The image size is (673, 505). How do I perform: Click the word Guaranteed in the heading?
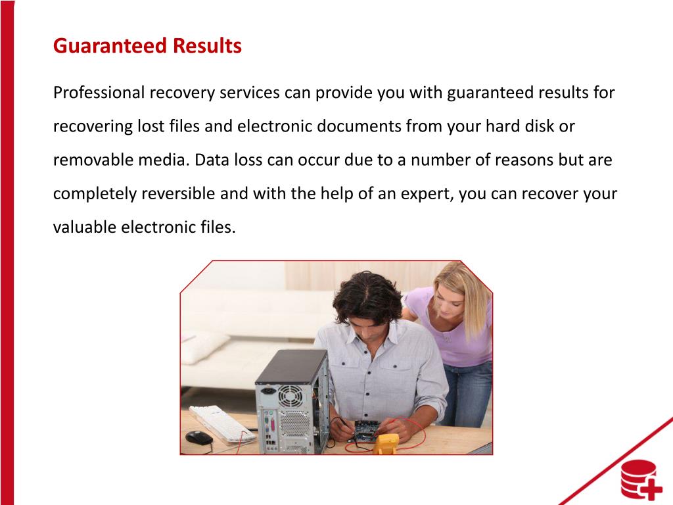pos(110,47)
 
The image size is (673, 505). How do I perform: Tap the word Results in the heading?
pos(207,47)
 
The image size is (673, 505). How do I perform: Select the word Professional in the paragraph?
pos(99,93)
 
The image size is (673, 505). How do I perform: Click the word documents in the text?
pos(359,126)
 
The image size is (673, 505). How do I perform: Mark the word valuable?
pos(84,228)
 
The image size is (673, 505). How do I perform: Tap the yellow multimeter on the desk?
pos(385,443)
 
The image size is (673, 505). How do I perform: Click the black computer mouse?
pos(198,437)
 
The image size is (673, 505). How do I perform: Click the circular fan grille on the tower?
pos(289,396)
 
